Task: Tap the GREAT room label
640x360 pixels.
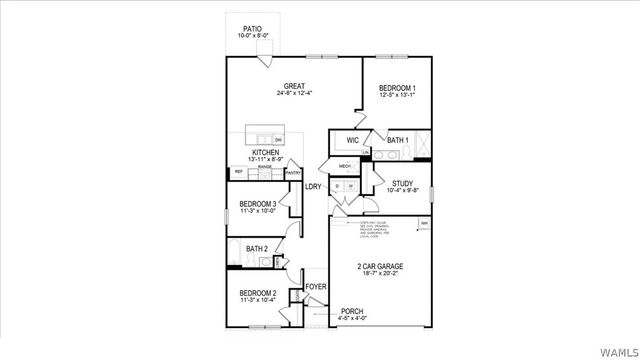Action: click(294, 86)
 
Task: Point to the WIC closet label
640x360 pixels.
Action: click(353, 140)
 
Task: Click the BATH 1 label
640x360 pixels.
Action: click(398, 140)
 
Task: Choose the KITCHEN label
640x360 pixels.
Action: click(265, 153)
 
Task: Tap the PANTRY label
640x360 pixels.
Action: click(294, 173)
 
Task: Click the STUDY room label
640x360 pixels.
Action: click(402, 183)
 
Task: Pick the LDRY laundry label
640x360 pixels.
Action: click(313, 186)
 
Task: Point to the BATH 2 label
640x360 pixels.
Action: click(257, 249)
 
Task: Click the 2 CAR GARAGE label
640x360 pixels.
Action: click(380, 266)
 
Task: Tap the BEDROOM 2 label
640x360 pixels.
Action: click(257, 292)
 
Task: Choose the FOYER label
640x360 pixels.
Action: click(316, 287)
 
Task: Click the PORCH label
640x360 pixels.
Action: click(353, 311)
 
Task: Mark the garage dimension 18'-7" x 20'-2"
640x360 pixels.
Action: click(380, 274)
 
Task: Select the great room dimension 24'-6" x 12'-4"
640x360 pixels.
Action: click(294, 94)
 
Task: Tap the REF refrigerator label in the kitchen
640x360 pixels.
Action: click(238, 172)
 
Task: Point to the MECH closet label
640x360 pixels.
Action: click(345, 166)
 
